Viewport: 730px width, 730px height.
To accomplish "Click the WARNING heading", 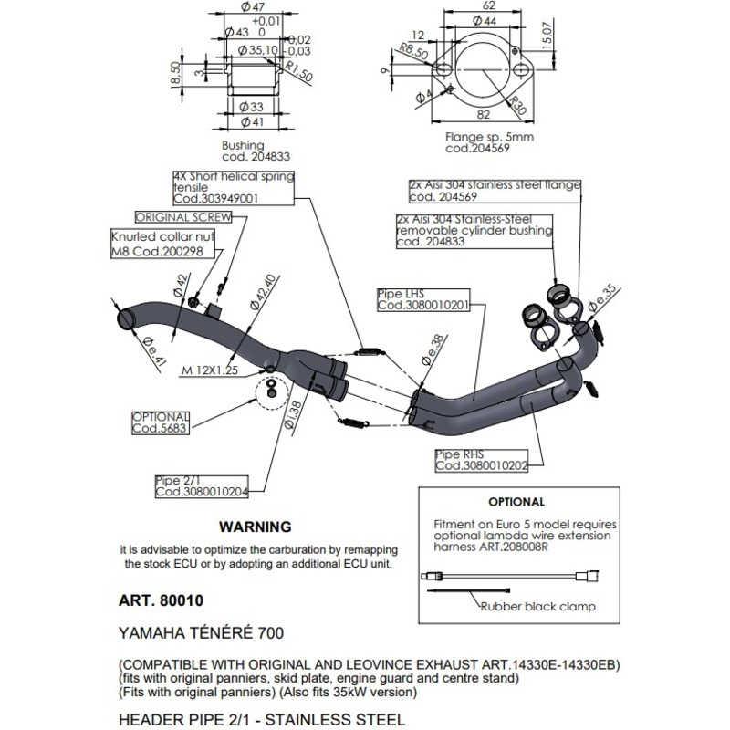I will (255, 527).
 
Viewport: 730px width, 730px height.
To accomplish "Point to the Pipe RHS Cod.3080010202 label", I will (482, 459).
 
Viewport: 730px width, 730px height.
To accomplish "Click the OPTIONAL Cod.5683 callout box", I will (160, 421).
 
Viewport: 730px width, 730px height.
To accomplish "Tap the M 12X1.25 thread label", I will (209, 370).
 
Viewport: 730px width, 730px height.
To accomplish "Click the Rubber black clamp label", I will (538, 607).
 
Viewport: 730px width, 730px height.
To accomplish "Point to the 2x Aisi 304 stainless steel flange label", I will (494, 189).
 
